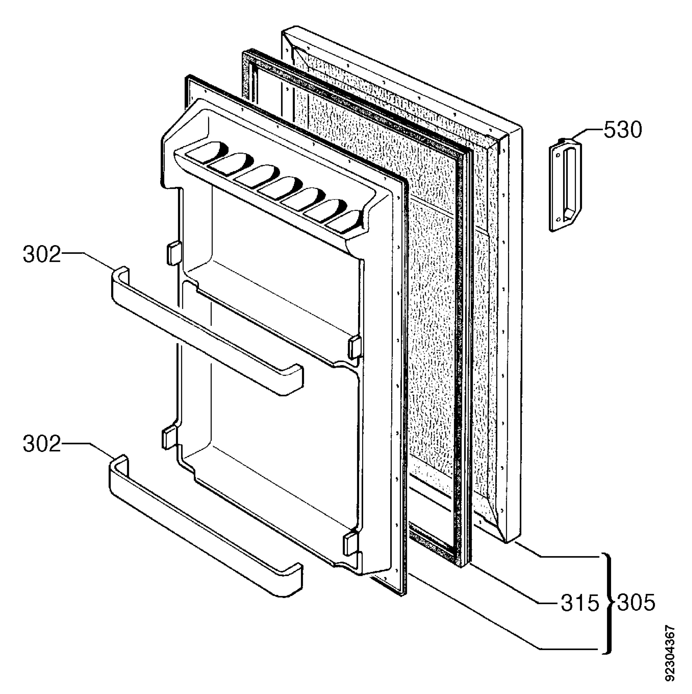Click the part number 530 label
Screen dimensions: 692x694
pos(622,130)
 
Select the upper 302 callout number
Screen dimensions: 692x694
pos(42,255)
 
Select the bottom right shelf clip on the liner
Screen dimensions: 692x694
pos(350,543)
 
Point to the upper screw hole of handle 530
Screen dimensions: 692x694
pos(558,156)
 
